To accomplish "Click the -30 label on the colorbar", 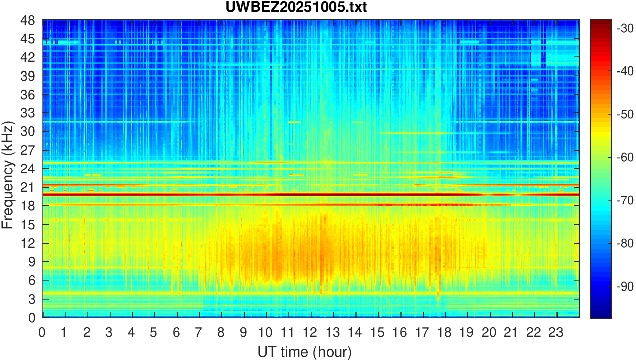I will coord(624,29).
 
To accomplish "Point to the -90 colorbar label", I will coord(624,286).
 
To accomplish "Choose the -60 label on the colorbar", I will coord(624,158).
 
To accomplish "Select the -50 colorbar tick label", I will coord(624,115).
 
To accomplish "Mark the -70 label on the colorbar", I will coord(624,200).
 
